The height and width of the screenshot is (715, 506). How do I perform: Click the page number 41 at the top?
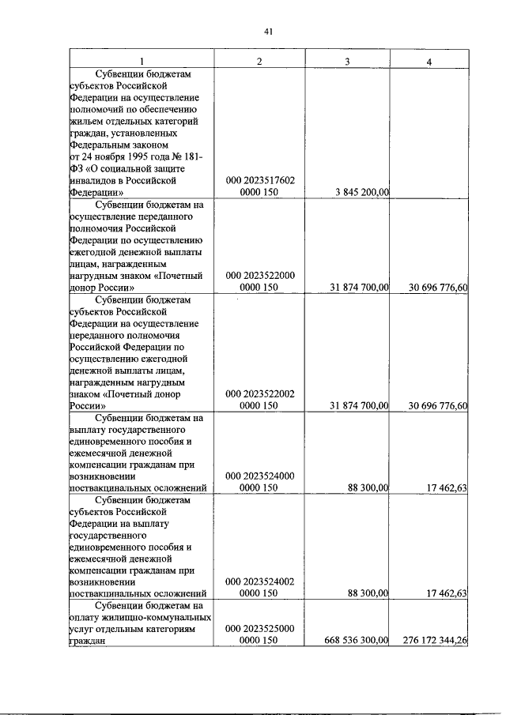pos(268,32)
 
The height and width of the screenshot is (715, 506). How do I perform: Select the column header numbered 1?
pos(142,62)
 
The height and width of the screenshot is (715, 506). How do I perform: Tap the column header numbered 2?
pos(259,62)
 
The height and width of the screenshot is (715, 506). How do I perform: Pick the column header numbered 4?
pos(429,62)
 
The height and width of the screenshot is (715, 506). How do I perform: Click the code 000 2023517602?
pos(260,180)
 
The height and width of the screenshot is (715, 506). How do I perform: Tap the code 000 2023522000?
pos(260,275)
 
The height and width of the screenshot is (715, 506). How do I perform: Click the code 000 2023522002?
pos(260,393)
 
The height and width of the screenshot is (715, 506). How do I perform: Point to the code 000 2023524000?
pos(260,476)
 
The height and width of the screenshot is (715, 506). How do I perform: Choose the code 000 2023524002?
pos(260,582)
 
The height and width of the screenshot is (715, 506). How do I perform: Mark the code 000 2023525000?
pos(260,630)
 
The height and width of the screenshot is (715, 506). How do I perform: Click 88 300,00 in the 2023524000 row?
pos(368,488)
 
